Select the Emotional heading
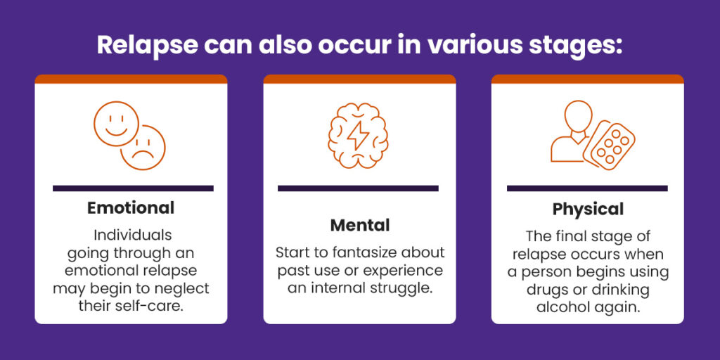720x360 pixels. [131, 208]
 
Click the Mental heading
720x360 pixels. [359, 226]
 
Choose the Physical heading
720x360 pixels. [588, 210]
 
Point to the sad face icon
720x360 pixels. [143, 148]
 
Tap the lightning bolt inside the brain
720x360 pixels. [359, 133]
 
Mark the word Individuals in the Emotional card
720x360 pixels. [131, 233]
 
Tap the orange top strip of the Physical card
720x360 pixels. [587, 79]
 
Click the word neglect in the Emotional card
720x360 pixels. [184, 288]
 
